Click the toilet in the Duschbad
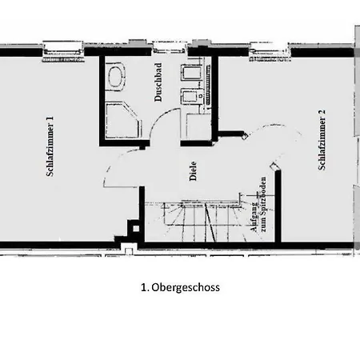click(118, 77)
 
